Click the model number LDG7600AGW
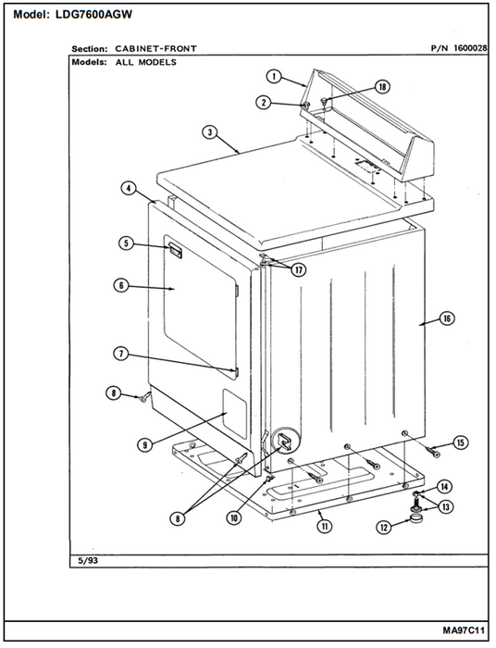tap(93, 15)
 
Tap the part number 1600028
tap(470, 48)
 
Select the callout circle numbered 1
tap(274, 77)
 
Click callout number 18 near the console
tap(382, 87)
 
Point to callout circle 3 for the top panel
tap(210, 132)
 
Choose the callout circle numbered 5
tap(127, 243)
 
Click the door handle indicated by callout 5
tap(174, 251)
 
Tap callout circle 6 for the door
tap(121, 285)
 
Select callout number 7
tap(121, 355)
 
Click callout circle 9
tap(145, 444)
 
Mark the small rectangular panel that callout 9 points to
tap(235, 414)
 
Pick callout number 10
tap(234, 517)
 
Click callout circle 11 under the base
tap(325, 526)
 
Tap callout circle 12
tap(384, 528)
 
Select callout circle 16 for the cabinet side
tap(447, 318)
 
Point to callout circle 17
tap(299, 270)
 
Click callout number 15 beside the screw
tap(460, 443)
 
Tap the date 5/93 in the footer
tap(88, 561)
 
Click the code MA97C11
tap(464, 630)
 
